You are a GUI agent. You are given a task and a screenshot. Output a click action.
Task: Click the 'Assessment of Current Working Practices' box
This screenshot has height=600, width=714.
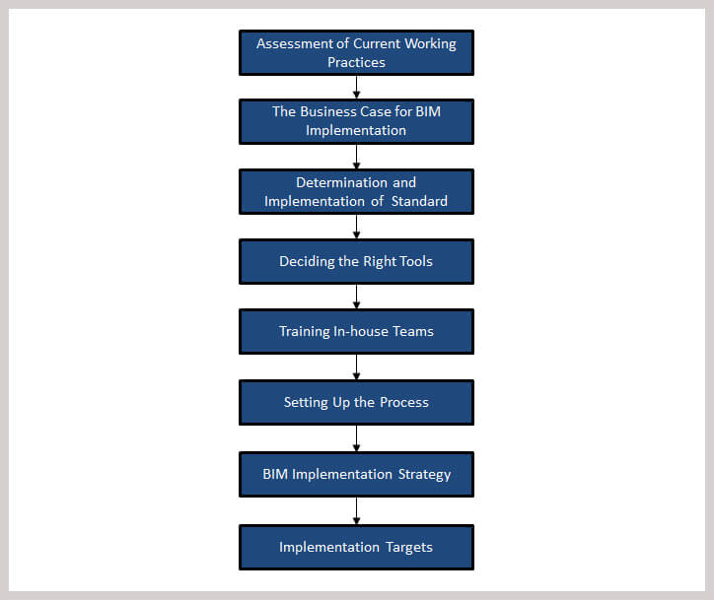[356, 53]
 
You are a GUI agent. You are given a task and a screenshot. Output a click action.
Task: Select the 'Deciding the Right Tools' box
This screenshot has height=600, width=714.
[356, 261]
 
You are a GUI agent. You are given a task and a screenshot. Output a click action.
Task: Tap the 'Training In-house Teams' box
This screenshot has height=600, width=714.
[356, 332]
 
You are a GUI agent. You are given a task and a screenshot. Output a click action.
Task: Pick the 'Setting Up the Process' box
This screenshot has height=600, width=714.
[356, 403]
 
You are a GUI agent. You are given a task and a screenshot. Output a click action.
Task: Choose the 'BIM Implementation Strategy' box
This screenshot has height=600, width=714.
[356, 475]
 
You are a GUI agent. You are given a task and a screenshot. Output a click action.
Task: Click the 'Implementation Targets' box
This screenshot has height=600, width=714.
[356, 547]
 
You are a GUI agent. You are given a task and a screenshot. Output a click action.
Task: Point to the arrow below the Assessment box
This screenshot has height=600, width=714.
[357, 87]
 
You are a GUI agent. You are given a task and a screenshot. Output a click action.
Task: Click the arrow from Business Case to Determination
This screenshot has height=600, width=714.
[357, 157]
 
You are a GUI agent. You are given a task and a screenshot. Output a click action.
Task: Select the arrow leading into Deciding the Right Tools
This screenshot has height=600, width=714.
[357, 227]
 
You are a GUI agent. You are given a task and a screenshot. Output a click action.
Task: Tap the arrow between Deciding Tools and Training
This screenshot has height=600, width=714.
[357, 297]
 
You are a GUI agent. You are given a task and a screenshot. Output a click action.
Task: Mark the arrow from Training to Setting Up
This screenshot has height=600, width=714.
[357, 367]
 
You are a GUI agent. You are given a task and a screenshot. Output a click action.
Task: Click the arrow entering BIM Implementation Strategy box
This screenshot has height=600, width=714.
[357, 438]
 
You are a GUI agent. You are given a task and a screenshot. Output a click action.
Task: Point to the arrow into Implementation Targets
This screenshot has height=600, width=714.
[357, 511]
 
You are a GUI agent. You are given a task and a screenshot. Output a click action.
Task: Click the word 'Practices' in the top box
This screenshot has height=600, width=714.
[357, 62]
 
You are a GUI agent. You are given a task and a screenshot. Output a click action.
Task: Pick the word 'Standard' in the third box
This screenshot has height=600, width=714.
[419, 201]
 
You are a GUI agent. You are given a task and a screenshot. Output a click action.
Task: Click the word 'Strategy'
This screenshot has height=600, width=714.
[424, 475]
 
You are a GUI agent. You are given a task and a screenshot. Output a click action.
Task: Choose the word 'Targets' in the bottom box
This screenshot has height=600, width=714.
[409, 547]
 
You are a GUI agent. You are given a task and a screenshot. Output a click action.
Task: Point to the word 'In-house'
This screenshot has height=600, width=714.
[361, 331]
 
